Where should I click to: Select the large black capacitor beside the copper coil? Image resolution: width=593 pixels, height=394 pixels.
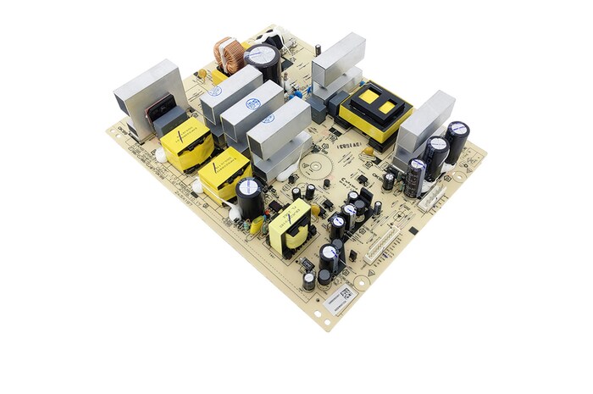coord(262,60)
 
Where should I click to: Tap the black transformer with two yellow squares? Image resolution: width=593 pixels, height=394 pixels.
coord(374,111)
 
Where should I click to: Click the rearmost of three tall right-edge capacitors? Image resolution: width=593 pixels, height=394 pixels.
coord(457,141)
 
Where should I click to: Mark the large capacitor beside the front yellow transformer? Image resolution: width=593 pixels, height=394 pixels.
coord(249,197)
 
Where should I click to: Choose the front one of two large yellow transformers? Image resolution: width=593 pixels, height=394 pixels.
coord(224,173)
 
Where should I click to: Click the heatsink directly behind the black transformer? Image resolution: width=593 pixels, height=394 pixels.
coord(338,63)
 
